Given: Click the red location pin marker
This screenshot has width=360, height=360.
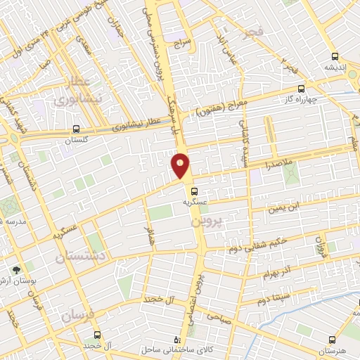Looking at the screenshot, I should (x=181, y=165).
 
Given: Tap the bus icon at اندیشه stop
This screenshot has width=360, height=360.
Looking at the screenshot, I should (x=335, y=56).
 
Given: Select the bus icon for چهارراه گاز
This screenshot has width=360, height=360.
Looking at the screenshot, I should (x=302, y=89).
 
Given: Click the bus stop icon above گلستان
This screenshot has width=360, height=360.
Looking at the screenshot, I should (x=75, y=129).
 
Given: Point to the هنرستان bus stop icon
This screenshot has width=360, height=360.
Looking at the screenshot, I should (x=333, y=338).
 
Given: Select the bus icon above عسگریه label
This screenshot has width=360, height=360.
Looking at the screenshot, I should (x=195, y=190).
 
